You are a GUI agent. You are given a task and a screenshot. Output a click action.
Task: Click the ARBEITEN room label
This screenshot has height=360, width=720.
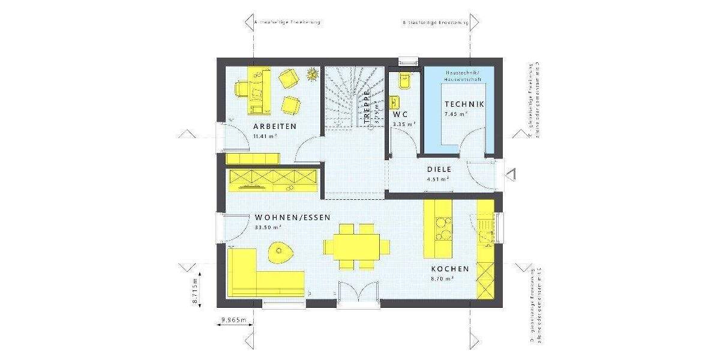(x=275, y=127)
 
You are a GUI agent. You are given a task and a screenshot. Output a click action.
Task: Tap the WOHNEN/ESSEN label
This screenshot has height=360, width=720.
(x=292, y=218)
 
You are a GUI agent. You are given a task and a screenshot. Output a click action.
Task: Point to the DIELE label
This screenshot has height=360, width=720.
(x=439, y=169)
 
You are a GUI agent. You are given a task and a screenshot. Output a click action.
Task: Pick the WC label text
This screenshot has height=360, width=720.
(x=400, y=114)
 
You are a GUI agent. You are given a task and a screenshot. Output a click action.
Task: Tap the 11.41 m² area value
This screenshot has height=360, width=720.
(x=265, y=136)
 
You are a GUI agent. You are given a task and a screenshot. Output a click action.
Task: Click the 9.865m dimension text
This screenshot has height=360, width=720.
(x=233, y=320)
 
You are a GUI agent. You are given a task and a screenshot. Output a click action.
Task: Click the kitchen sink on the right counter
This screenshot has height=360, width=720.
(x=485, y=228)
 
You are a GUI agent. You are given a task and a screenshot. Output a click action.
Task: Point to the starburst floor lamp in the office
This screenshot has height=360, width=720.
(x=311, y=74)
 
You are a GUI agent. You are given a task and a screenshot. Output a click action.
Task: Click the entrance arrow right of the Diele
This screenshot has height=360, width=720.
(x=511, y=175)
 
